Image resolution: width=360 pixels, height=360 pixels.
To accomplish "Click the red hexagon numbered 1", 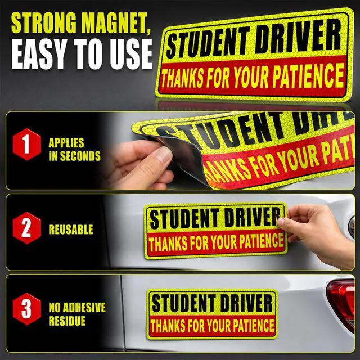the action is click(26, 144).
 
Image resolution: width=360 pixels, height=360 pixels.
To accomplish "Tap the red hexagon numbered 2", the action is click(26, 228).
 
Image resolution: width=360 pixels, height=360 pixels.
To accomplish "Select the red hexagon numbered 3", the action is click(26, 309).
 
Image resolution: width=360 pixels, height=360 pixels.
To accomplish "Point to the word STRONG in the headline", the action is click(44, 23).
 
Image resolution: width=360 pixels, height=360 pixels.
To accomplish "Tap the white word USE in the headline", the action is click(130, 54).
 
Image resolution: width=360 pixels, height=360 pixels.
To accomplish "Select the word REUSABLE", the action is click(71, 229).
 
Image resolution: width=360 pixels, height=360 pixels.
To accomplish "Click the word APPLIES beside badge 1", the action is click(66, 143).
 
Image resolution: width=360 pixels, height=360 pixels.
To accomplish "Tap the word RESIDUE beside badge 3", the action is click(67, 321).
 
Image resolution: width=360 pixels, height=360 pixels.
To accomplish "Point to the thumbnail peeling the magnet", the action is click(163, 154).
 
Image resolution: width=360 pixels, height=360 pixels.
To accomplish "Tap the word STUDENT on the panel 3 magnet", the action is click(183, 303).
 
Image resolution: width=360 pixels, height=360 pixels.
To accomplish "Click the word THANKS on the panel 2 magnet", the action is click(168, 244).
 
